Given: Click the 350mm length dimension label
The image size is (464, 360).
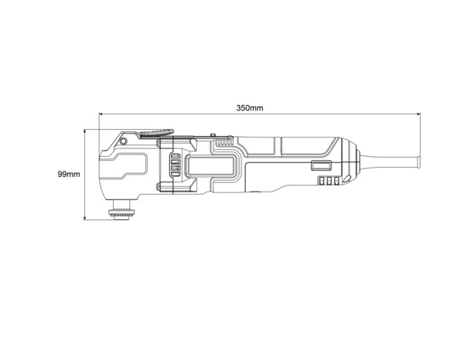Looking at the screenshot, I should (250, 107).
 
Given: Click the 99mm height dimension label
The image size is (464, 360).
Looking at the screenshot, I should (69, 175).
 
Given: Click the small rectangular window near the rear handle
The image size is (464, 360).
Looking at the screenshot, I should (320, 165).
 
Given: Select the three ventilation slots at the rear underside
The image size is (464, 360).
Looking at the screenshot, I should (326, 182).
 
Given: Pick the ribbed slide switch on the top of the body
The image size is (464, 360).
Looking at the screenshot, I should (224, 141).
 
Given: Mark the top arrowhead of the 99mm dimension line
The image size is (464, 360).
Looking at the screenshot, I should (85, 131).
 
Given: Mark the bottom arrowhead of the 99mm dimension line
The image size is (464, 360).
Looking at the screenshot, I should (85, 219).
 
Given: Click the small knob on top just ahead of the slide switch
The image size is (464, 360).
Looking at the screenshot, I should (210, 136).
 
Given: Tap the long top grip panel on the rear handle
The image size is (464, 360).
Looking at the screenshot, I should (305, 144).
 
